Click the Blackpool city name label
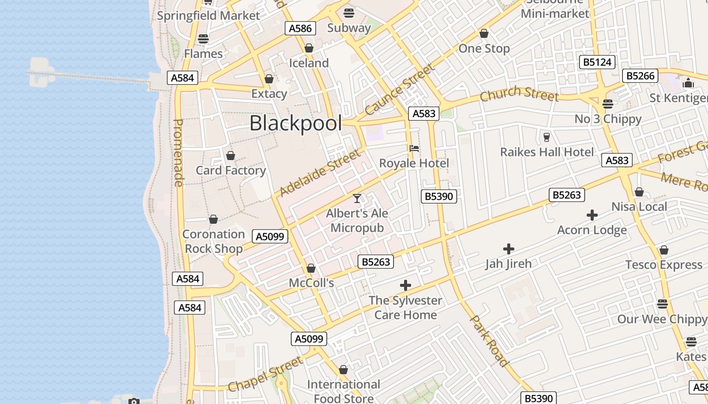tap(295, 123)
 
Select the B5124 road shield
tap(597, 62)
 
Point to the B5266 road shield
tap(640, 76)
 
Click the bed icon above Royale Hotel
tap(414, 148)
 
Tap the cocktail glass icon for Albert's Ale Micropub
tap(357, 198)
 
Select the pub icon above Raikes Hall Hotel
tap(546, 137)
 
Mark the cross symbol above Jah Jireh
tap(509, 249)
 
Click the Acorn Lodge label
tap(592, 230)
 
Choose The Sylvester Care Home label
tap(405, 308)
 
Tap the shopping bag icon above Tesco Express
tap(664, 250)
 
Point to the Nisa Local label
tap(639, 207)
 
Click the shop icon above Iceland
tap(309, 48)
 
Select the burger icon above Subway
tap(349, 13)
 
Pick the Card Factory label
tap(231, 171)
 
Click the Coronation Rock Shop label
tap(213, 241)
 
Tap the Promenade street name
tap(178, 153)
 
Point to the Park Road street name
tap(489, 341)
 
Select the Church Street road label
tap(519, 94)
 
